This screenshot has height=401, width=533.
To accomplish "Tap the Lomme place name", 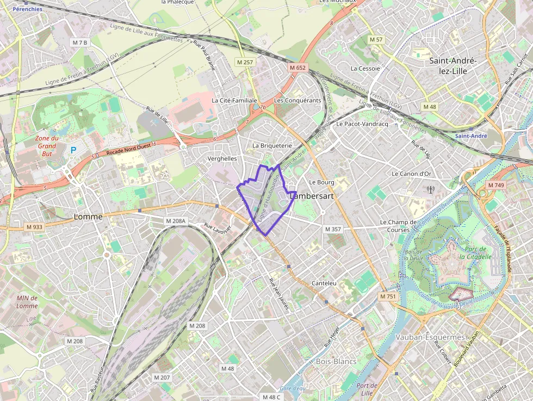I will (88, 217).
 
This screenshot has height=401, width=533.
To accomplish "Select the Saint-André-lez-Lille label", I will (453, 66).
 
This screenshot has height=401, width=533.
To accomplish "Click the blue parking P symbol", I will (73, 150).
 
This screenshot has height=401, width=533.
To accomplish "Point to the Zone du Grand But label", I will (47, 146).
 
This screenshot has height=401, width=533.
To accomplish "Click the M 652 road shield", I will (298, 67).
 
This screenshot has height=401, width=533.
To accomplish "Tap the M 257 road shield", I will (245, 63).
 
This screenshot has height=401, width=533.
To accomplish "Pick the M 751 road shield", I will (388, 297).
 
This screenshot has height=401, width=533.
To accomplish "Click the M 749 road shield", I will (495, 186).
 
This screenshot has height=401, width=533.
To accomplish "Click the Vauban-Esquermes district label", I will (430, 337).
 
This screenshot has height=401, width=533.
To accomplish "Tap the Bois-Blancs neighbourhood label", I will (336, 361).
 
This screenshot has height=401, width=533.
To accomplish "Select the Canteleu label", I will (324, 283).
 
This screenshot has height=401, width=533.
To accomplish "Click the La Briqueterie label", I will (272, 146).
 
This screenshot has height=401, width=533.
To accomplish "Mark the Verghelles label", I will (222, 158).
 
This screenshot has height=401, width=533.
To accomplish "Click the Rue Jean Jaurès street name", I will (279, 294).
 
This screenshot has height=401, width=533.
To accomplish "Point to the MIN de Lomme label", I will (27, 301).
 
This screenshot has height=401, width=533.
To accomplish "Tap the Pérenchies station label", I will (27, 9).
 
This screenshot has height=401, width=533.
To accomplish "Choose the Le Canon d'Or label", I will (411, 174).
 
